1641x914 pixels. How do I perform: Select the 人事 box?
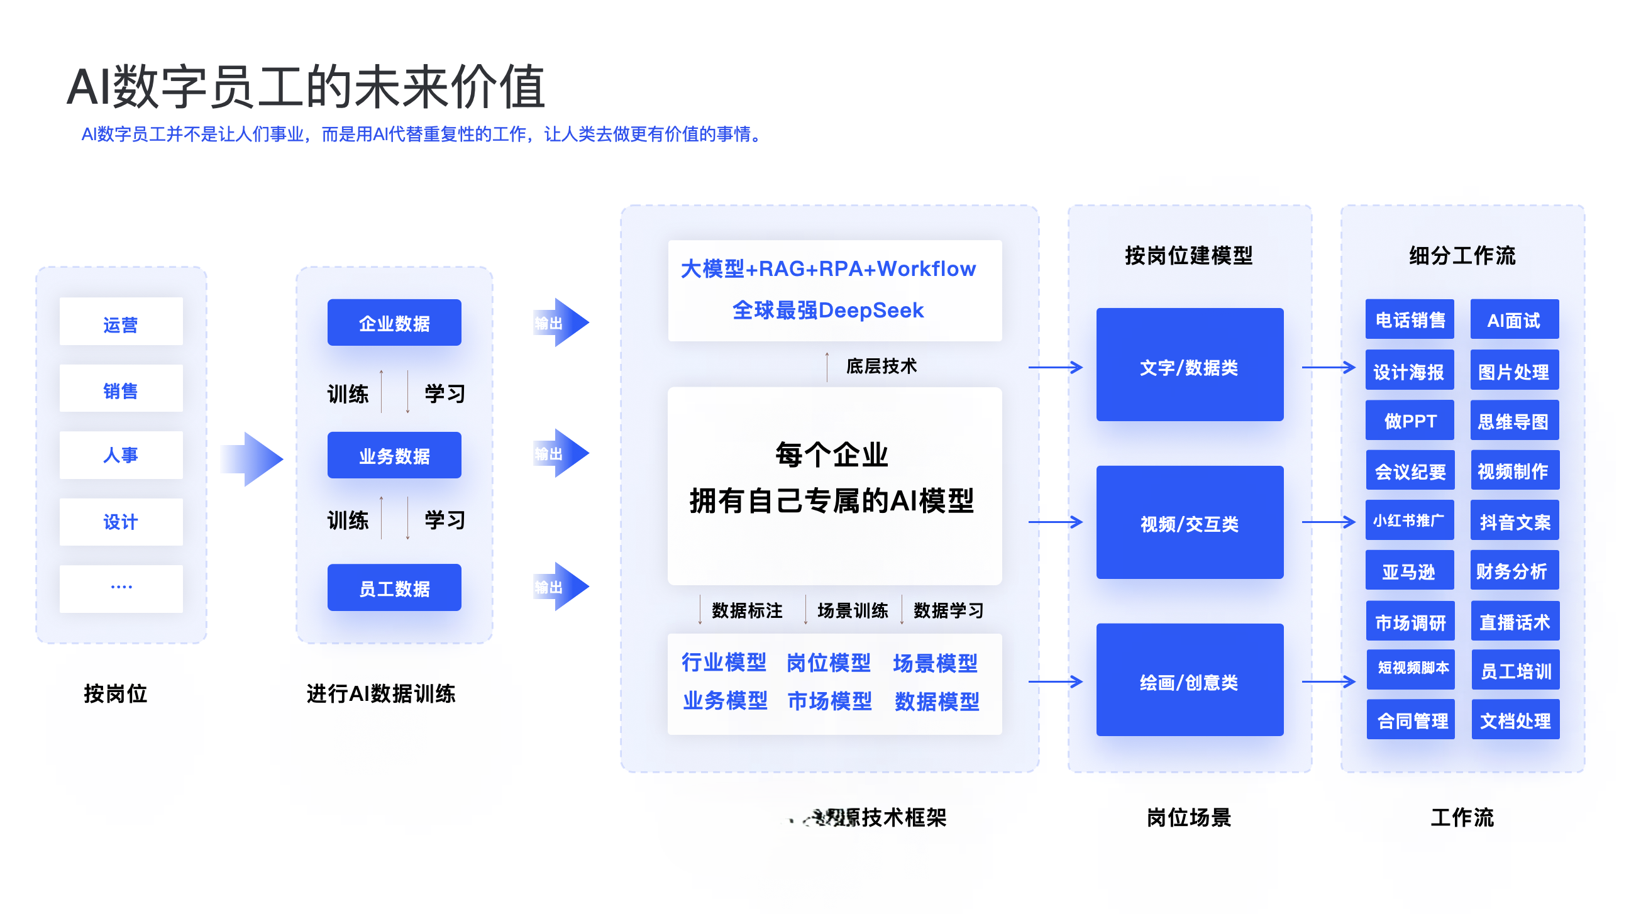pyautogui.click(x=121, y=454)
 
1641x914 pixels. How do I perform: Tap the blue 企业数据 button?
pyautogui.click(x=394, y=323)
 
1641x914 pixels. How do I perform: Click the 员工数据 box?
pyautogui.click(x=394, y=588)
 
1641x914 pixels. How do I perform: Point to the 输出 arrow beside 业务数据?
pyautogui.click(x=561, y=453)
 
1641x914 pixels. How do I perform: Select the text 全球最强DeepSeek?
pyautogui.click(x=827, y=310)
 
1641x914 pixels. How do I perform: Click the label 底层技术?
pyautogui.click(x=881, y=366)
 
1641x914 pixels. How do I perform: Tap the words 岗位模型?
pyautogui.click(x=828, y=663)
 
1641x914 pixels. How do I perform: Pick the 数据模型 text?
pyautogui.click(x=936, y=702)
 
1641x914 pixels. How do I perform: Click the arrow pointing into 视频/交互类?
pyautogui.click(x=1056, y=522)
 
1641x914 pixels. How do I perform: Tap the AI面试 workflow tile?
pyautogui.click(x=1513, y=320)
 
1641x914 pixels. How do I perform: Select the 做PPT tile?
pyautogui.click(x=1409, y=421)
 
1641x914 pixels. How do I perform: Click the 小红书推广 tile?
pyautogui.click(x=1409, y=521)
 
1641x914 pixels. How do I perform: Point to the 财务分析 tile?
pyautogui.click(x=1513, y=571)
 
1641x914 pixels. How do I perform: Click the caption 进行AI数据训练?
pyautogui.click(x=381, y=693)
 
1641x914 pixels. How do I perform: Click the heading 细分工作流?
pyautogui.click(x=1462, y=255)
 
